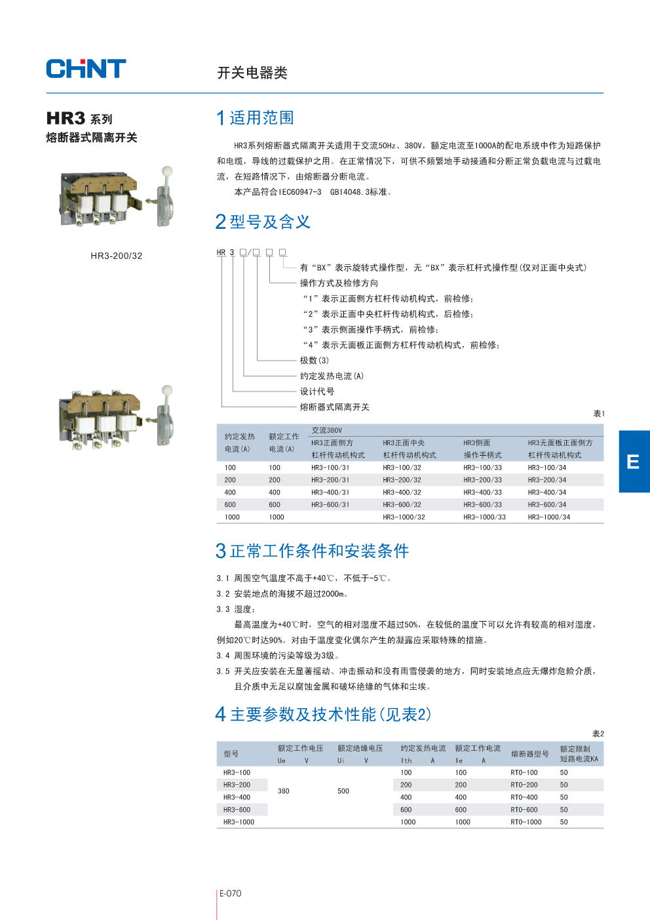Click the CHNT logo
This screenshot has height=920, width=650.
pos(86,69)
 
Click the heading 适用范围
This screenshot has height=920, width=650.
pos(261,118)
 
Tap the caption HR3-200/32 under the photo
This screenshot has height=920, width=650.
pos(117,256)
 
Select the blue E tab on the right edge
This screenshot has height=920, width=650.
pos(634,462)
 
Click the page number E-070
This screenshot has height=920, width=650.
pos(230,893)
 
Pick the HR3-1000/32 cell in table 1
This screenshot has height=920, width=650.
pos(404,517)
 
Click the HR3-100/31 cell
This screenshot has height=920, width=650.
pos(330,468)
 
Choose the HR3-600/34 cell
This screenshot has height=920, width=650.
pos(547,505)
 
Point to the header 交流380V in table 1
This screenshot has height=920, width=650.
pos(327,430)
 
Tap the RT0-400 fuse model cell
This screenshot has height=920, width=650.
pos(524,797)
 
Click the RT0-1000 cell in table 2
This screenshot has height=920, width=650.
pos(526,822)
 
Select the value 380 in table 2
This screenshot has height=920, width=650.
pos(283,791)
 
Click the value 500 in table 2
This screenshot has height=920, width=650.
pos(343,791)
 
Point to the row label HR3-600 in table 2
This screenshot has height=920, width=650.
pos(237,810)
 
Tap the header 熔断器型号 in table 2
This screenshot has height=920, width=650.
pos(529,754)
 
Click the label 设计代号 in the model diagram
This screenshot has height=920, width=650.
pos(317,391)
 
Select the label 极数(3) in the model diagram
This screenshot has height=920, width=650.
pos(315,361)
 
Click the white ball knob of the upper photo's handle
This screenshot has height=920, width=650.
pos(167,171)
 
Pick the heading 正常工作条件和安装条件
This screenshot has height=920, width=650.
pos(319,551)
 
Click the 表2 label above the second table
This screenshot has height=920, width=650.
pos(598,734)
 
